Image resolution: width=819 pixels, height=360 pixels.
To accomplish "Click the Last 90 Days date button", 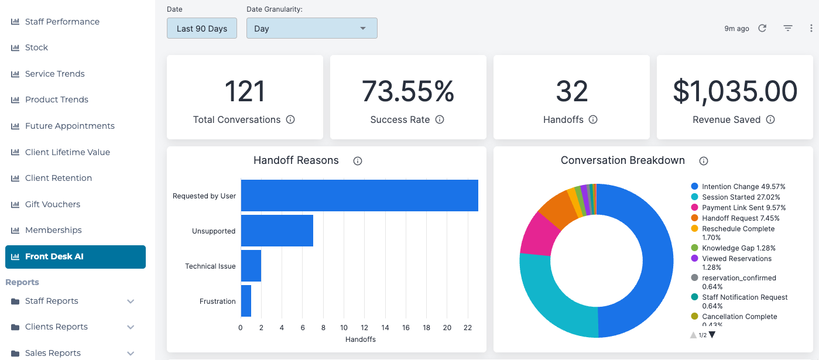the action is [202, 28].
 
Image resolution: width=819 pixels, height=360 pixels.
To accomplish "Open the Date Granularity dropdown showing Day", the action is [312, 28].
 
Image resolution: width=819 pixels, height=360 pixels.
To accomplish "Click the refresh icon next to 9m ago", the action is [762, 28].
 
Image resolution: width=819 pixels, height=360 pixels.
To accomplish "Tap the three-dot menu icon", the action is [811, 28].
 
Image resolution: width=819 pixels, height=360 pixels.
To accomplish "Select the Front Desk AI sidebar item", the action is [76, 256].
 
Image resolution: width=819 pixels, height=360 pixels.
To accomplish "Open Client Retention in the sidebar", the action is [58, 178].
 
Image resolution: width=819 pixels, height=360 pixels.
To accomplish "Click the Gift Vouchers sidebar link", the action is [52, 204].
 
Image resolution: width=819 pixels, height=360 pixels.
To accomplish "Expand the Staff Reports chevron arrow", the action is [131, 301].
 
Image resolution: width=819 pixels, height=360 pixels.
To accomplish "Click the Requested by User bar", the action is [359, 196].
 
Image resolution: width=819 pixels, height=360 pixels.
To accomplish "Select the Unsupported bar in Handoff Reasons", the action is [277, 231].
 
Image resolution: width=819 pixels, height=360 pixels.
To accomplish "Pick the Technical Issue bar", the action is [251, 266].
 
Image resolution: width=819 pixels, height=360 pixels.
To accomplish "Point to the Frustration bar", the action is [246, 301].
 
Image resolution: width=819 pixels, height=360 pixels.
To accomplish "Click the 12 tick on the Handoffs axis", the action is [364, 327].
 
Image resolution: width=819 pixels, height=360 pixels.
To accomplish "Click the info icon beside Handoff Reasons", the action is [358, 161].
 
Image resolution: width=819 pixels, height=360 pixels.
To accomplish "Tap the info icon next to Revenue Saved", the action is [770, 119].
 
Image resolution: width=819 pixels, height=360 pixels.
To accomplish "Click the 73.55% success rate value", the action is [408, 91].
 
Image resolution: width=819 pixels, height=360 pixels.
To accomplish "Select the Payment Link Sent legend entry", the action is [738, 208].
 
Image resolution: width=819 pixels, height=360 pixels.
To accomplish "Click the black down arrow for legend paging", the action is [712, 335].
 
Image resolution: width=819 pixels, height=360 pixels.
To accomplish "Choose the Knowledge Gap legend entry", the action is [733, 248].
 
